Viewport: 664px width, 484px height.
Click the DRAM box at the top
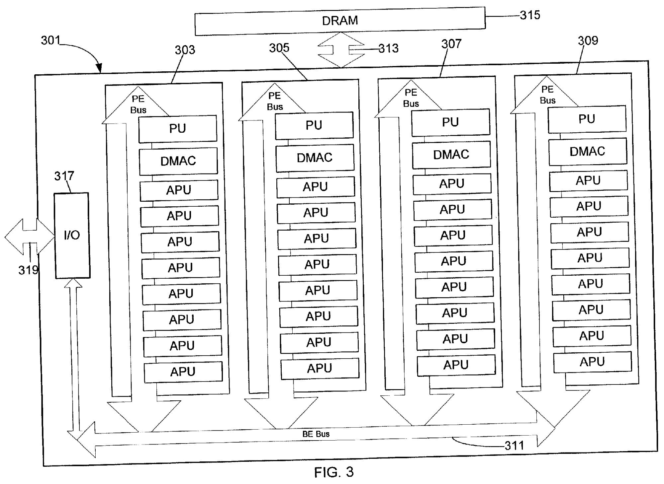[340, 21]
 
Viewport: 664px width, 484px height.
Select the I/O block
[72, 235]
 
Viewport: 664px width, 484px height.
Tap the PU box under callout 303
[178, 129]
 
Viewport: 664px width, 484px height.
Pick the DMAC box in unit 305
[315, 158]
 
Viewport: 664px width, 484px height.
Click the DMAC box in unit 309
[587, 152]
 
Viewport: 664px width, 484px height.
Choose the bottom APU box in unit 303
[183, 372]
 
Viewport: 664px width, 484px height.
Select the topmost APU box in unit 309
[588, 181]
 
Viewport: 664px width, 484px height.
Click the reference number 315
[530, 15]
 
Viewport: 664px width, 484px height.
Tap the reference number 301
[50, 40]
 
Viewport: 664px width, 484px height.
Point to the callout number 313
[388, 49]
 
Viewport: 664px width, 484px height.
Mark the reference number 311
[514, 446]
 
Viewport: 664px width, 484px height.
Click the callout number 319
[28, 270]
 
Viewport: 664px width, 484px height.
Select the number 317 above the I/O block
[64, 176]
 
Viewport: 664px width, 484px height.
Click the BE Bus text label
[316, 434]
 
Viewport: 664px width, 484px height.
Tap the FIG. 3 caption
[334, 472]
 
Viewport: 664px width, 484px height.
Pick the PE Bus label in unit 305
[275, 101]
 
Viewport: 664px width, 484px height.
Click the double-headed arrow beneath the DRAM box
[341, 50]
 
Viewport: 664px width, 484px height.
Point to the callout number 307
[451, 44]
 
